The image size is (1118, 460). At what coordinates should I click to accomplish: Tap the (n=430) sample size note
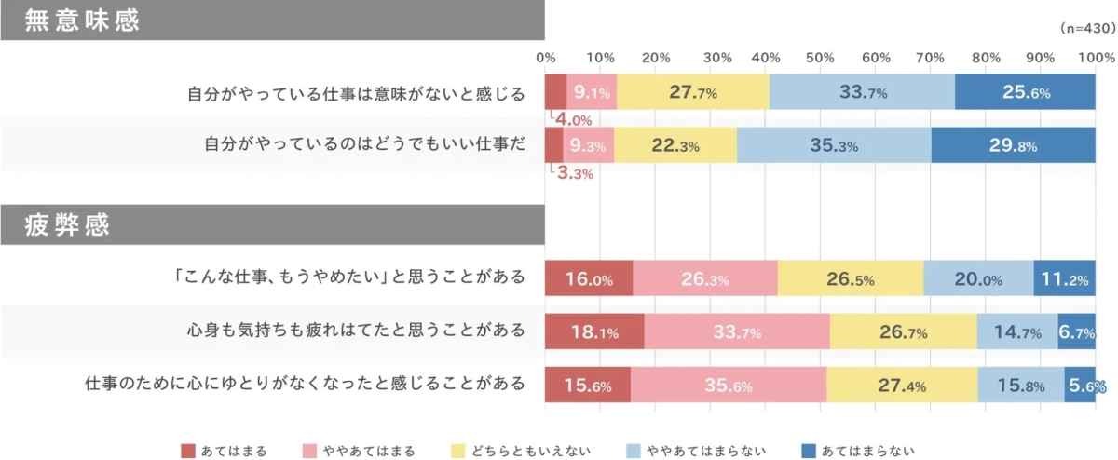coord(1087,30)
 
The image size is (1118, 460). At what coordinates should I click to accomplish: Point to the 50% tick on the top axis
coord(820,58)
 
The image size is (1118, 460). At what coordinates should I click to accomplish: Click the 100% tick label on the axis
coord(1094,58)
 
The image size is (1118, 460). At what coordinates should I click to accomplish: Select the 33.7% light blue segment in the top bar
coord(863,91)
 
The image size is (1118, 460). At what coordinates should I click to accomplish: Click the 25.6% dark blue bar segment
coord(1025,91)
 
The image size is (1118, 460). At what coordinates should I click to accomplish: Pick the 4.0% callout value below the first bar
coord(574,119)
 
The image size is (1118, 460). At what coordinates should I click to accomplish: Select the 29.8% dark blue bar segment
coord(1013,145)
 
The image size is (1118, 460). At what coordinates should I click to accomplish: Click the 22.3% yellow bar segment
coord(675,145)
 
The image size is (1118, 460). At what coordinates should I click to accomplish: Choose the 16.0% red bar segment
coord(589,278)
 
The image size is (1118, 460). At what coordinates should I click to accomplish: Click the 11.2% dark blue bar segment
coord(1064,278)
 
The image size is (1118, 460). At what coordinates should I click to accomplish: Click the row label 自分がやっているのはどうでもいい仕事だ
coord(364,145)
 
